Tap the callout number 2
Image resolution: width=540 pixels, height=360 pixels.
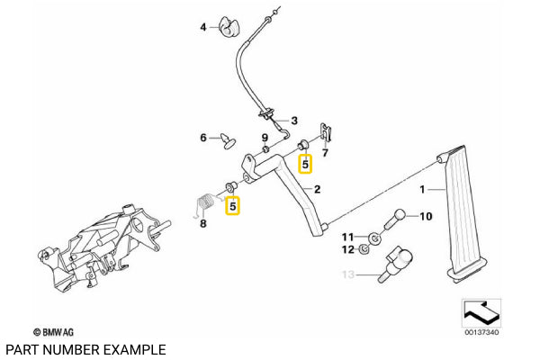pos(317,190)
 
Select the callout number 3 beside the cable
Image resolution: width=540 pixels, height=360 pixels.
pos(293,120)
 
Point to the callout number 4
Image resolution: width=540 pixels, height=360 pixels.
pos(202,26)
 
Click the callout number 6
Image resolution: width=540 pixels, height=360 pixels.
pos(203,138)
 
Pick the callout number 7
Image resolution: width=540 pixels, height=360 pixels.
pos(326,153)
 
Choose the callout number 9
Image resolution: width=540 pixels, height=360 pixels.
pos(265,138)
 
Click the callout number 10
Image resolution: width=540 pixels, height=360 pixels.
pos(427,216)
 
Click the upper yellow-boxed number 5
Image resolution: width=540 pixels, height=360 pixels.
pos(305,164)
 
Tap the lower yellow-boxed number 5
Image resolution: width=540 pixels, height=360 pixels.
pos(232,206)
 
